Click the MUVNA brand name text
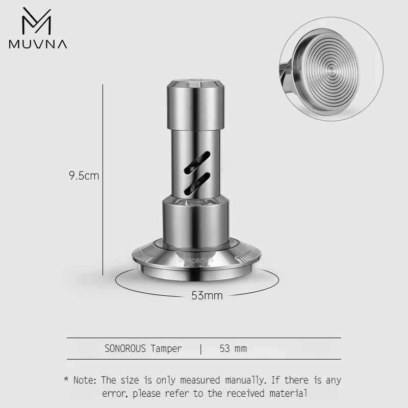38,44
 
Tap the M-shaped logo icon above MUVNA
37,21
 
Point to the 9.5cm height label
84,176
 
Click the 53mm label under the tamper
207,295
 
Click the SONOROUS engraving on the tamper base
196,259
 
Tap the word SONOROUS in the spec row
125,349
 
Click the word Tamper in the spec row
166,349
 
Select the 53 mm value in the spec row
233,349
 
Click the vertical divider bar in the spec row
201,349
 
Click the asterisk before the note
66,380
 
